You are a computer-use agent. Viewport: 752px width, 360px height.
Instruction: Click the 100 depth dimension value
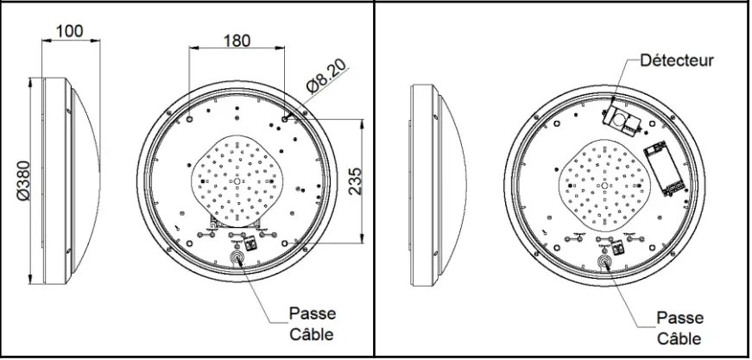pos(69,31)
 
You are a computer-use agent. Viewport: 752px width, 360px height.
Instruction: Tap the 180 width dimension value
pos(237,41)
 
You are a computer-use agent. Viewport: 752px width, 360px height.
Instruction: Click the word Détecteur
pos(676,61)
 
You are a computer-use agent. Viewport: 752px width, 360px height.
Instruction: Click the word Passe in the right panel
pos(679,317)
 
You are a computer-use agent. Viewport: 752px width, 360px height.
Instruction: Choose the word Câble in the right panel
pos(679,338)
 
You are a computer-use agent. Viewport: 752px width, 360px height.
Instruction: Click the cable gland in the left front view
pos(237,258)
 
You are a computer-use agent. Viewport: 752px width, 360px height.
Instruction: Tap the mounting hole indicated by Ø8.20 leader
pos(286,113)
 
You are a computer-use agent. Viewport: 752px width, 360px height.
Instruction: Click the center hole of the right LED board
pos(605,184)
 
